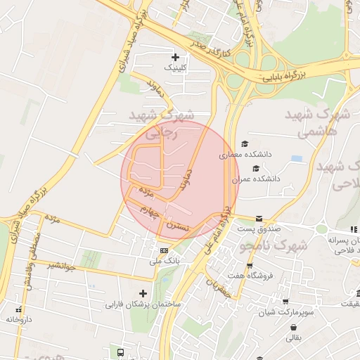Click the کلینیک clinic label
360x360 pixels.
[x=176, y=67]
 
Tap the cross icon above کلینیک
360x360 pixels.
[x=175, y=56]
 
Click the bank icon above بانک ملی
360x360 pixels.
[x=165, y=250]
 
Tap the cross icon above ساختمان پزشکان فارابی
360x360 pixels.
[x=143, y=293]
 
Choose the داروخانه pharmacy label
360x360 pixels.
[x=20, y=319]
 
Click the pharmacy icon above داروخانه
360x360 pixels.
[x=19, y=309]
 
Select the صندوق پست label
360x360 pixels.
[x=259, y=229]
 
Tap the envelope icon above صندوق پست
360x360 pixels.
[x=259, y=219]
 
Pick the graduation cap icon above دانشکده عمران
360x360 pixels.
[x=255, y=168]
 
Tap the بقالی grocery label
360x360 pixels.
[x=292, y=337]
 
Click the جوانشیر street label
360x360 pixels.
[x=63, y=266]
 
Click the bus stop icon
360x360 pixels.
[x=121, y=352]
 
